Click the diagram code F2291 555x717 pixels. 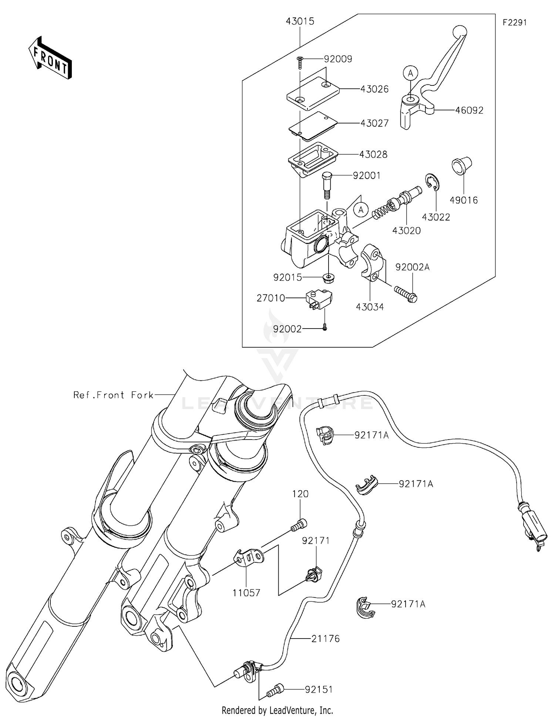514,23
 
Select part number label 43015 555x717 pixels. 300,21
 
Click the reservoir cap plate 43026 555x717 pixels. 313,93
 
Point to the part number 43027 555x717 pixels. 374,123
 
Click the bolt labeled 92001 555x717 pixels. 327,185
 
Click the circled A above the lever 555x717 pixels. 410,73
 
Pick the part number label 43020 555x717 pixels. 406,231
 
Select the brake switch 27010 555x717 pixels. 319,299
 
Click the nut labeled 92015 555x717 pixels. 327,277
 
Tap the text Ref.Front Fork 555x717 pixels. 113,395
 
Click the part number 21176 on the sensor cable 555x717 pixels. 325,639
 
